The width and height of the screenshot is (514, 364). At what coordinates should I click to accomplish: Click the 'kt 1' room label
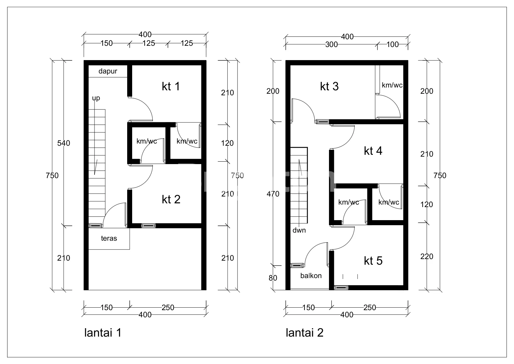pyautogui.click(x=171, y=87)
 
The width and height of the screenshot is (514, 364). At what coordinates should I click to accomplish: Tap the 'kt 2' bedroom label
pyautogui.click(x=171, y=200)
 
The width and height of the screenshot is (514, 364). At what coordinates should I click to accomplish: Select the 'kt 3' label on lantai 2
pyautogui.click(x=329, y=87)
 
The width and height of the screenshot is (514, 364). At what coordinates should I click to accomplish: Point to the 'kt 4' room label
pyautogui.click(x=373, y=151)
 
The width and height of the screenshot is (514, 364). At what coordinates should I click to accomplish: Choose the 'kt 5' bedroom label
pyautogui.click(x=373, y=261)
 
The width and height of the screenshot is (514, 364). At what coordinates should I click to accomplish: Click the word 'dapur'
pyautogui.click(x=108, y=72)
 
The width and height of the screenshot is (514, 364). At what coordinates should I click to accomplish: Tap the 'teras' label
pyautogui.click(x=109, y=238)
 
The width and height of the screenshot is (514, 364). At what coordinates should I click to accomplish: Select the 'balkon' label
pyautogui.click(x=311, y=276)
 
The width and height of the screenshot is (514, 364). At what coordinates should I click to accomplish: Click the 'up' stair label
pyautogui.click(x=96, y=98)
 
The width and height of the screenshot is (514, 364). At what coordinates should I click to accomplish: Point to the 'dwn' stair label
pyautogui.click(x=299, y=230)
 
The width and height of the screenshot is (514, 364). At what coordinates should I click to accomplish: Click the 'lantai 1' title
pyautogui.click(x=103, y=333)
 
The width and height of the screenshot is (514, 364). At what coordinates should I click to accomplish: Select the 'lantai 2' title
pyautogui.click(x=304, y=333)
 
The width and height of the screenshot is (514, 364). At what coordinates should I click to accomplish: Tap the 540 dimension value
pyautogui.click(x=63, y=143)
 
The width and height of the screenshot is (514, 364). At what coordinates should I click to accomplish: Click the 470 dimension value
pyautogui.click(x=273, y=194)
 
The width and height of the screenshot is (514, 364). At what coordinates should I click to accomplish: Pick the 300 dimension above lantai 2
pyautogui.click(x=331, y=44)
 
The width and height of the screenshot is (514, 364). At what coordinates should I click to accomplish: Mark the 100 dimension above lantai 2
pyautogui.click(x=393, y=44)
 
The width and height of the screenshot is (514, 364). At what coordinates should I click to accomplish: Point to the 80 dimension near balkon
pyautogui.click(x=273, y=278)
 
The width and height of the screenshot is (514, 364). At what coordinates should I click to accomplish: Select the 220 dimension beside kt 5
pyautogui.click(x=427, y=257)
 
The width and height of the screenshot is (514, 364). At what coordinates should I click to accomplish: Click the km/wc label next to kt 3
pyautogui.click(x=392, y=85)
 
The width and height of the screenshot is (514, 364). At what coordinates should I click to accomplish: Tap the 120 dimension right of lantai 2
pyautogui.click(x=427, y=205)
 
